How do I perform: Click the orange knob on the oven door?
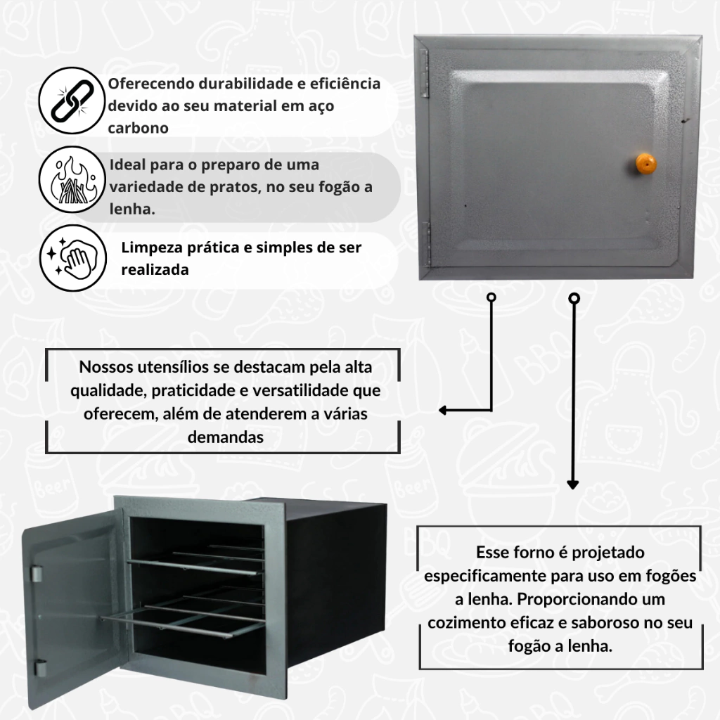[x=645, y=164]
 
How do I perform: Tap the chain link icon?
[x=72, y=101]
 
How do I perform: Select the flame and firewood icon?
[x=72, y=179]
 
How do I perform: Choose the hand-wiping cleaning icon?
[x=73, y=258]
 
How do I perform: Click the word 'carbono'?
[x=139, y=128]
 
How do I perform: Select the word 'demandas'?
[x=226, y=437]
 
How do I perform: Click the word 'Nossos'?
[x=106, y=367]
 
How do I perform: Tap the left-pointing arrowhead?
[x=443, y=410]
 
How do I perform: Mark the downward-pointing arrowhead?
[x=572, y=484]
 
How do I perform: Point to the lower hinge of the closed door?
[x=426, y=244]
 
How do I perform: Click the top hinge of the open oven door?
[x=37, y=574]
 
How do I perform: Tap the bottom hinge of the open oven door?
[x=41, y=668]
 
